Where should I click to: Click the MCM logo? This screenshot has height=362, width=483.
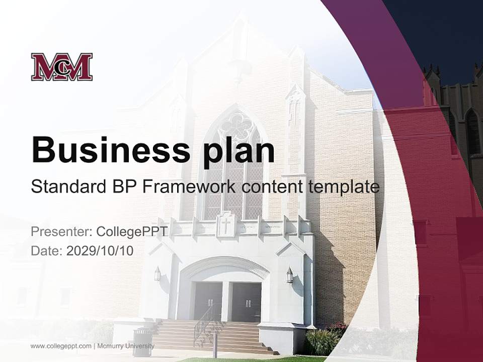[x=61, y=67]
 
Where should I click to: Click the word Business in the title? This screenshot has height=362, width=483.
[x=111, y=150]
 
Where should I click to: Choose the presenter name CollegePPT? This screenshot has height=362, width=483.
[x=132, y=232]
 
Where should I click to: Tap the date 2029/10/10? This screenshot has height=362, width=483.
[x=100, y=251]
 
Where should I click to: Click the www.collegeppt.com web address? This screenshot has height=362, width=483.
[x=61, y=346]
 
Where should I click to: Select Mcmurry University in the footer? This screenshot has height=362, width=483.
[x=126, y=346]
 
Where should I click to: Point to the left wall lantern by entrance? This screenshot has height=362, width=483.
[x=157, y=274]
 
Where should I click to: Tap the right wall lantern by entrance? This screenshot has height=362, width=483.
[x=290, y=275]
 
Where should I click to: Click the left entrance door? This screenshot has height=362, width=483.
[x=208, y=301]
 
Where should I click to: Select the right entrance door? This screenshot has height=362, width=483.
[x=247, y=302]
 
